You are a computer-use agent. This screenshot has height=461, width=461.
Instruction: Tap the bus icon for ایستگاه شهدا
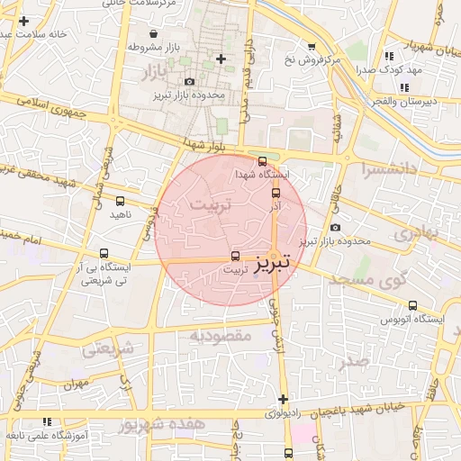262,162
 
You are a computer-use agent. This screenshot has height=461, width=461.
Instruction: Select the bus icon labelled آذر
276,193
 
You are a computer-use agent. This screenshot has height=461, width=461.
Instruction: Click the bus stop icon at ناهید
121,201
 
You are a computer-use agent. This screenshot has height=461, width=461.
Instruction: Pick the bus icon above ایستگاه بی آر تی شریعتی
104,254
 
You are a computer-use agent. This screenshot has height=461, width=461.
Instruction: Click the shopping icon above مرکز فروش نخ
312,47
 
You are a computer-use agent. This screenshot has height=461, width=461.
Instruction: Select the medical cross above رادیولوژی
283,399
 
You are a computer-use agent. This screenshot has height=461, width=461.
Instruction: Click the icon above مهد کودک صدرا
388,56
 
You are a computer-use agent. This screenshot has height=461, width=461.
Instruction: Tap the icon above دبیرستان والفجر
404,87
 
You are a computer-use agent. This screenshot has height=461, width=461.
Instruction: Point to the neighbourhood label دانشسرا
389,168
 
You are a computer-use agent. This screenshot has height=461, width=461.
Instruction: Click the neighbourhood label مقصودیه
216,335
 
